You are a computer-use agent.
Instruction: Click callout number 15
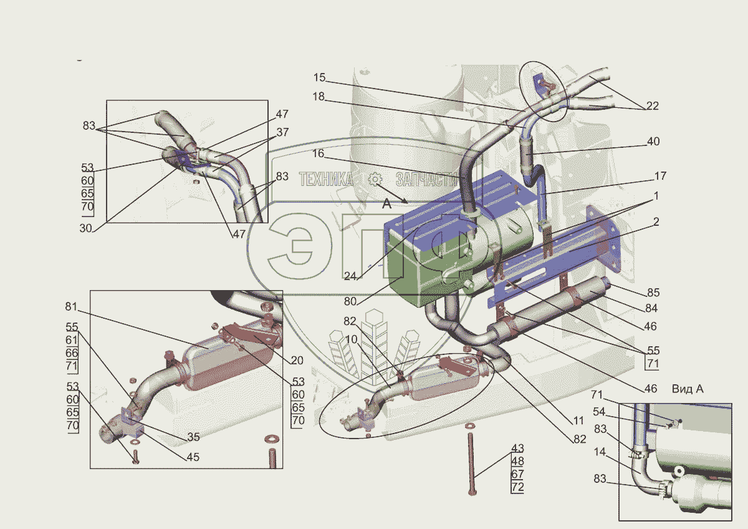click(x=319, y=77)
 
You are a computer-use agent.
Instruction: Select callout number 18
click(x=319, y=97)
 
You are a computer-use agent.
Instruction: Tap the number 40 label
click(x=653, y=142)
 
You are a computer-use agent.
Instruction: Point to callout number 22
click(x=653, y=105)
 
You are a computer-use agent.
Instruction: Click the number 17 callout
click(x=660, y=176)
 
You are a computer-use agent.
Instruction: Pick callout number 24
click(x=350, y=276)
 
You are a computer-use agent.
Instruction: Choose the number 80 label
click(x=350, y=301)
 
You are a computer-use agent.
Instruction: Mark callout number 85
click(x=653, y=293)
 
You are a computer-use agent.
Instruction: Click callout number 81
click(x=71, y=306)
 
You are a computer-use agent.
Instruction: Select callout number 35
click(x=193, y=437)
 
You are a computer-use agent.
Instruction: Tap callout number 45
click(x=193, y=457)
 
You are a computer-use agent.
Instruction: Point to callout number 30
click(x=85, y=228)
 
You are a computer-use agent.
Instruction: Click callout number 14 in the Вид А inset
click(x=600, y=452)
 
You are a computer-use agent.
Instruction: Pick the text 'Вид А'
click(x=688, y=389)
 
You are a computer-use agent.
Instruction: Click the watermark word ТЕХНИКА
click(x=325, y=179)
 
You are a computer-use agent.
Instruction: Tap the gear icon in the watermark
click(x=375, y=179)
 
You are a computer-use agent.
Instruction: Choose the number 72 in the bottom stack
click(x=517, y=487)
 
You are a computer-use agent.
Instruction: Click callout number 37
click(x=282, y=132)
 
